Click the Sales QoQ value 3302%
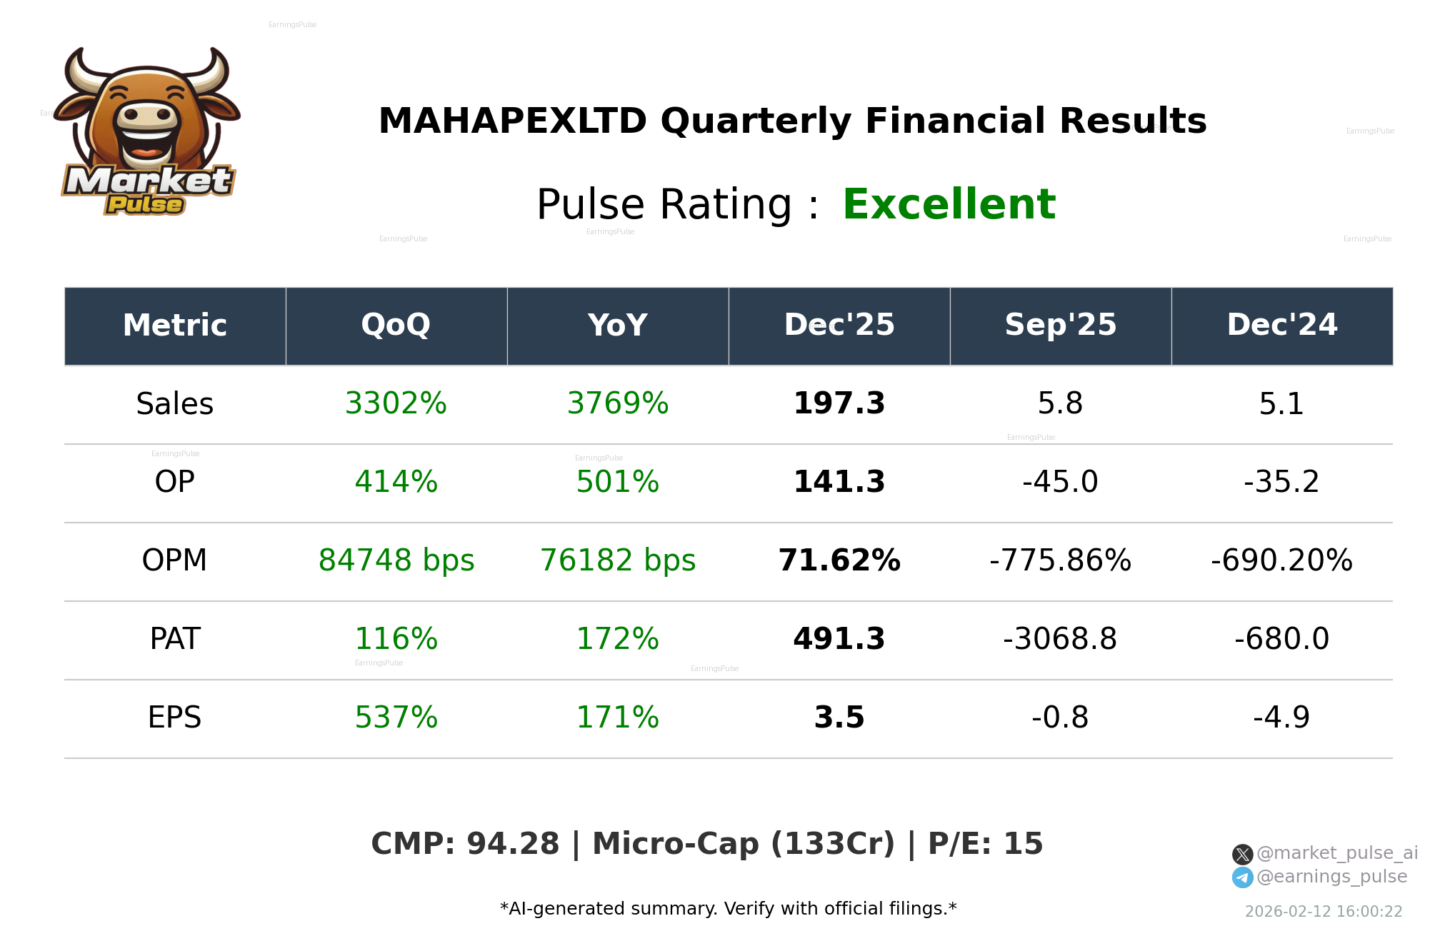point(396,403)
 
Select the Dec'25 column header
point(839,325)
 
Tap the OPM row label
point(174,560)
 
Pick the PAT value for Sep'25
point(1060,639)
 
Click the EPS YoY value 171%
point(617,718)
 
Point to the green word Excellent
point(949,204)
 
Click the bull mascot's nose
point(146,116)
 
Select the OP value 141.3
point(839,482)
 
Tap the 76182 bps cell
point(617,560)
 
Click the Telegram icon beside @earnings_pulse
point(1242,877)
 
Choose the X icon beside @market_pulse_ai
point(1242,854)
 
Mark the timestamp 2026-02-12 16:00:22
point(1324,912)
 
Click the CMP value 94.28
point(512,844)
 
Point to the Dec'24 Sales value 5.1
point(1281,403)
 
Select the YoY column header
point(617,325)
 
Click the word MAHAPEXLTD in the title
point(512,121)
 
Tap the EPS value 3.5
point(839,718)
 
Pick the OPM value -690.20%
point(1281,560)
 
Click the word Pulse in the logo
point(145,205)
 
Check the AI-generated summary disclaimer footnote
point(728,909)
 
